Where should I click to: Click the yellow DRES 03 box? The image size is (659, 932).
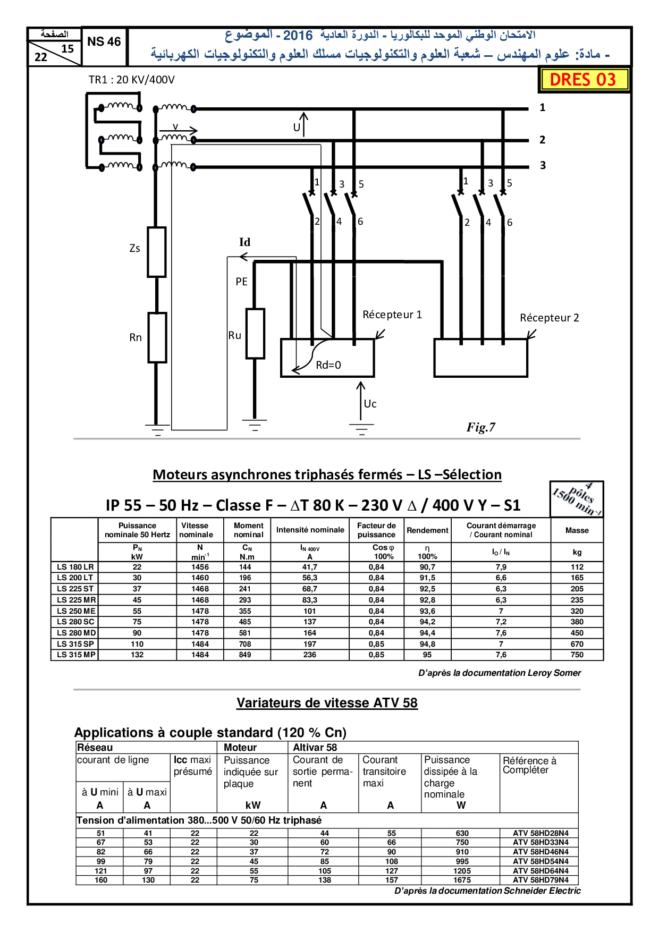[x=584, y=80]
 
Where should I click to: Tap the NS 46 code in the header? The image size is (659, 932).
[x=104, y=41]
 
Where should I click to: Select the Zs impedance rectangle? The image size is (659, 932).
[x=157, y=252]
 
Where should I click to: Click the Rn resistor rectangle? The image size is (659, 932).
[x=157, y=337]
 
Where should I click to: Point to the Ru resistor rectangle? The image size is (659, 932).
[x=255, y=334]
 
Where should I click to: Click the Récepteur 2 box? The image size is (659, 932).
[x=481, y=358]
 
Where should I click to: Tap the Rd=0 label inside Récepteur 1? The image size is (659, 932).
[x=328, y=365]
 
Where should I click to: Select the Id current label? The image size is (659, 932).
[x=244, y=242]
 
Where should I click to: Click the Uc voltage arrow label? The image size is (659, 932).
[x=370, y=404]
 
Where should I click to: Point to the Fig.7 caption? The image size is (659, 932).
[x=481, y=427]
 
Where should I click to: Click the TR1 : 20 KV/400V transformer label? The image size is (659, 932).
[x=132, y=80]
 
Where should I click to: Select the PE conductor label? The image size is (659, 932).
[x=242, y=282]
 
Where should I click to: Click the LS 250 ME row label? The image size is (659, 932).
[x=76, y=611]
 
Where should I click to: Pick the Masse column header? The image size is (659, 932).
[x=577, y=530]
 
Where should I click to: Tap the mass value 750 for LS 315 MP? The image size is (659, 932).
[x=577, y=655]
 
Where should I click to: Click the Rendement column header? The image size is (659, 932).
[x=428, y=530]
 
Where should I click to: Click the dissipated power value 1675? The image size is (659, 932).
[x=462, y=880]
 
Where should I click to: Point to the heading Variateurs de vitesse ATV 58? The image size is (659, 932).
[x=327, y=703]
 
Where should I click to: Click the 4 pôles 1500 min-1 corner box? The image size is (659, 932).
[x=577, y=499]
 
